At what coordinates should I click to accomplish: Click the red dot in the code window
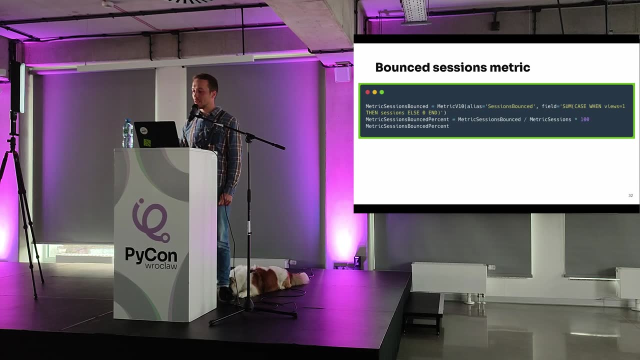(367, 92)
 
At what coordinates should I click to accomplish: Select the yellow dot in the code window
(374, 92)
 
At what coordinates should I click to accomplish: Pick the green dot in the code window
(381, 92)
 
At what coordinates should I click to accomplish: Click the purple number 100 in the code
(584, 119)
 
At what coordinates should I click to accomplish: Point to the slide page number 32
(630, 195)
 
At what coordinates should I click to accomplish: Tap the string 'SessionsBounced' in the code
(511, 106)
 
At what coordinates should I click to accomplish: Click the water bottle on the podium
(127, 133)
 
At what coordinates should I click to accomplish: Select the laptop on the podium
(156, 134)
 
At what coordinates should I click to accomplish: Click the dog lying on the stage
(268, 280)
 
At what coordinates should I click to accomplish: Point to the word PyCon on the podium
(151, 255)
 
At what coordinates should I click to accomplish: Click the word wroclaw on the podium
(161, 266)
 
